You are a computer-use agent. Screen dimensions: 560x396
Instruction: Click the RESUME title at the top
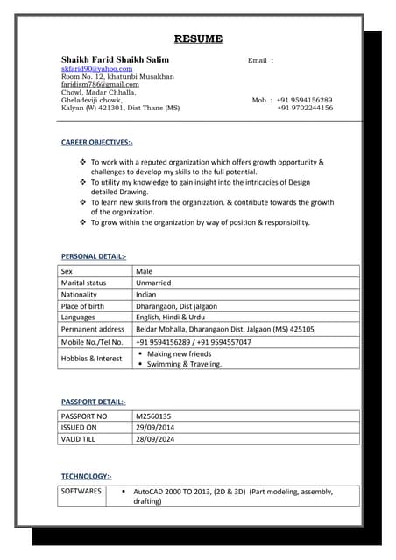(x=198, y=39)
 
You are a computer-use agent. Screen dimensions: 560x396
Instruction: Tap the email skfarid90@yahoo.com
(x=96, y=68)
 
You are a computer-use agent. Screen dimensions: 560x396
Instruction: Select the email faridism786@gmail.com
(x=100, y=84)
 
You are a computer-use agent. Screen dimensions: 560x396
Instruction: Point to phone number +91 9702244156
(x=304, y=108)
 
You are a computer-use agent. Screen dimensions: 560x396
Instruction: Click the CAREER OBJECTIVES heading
(x=96, y=142)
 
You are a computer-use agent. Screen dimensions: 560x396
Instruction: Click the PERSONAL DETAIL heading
(x=93, y=256)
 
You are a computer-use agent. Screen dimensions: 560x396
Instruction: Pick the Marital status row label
(x=83, y=283)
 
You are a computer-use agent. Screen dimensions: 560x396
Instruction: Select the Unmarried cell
(x=153, y=283)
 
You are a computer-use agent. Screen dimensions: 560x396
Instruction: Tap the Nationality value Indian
(x=146, y=295)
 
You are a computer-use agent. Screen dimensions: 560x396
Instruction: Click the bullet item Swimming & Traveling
(x=184, y=364)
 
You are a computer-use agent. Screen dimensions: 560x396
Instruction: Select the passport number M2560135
(x=153, y=416)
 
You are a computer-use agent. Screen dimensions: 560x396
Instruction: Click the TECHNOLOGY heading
(x=86, y=476)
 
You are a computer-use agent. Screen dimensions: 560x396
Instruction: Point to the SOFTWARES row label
(x=81, y=492)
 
